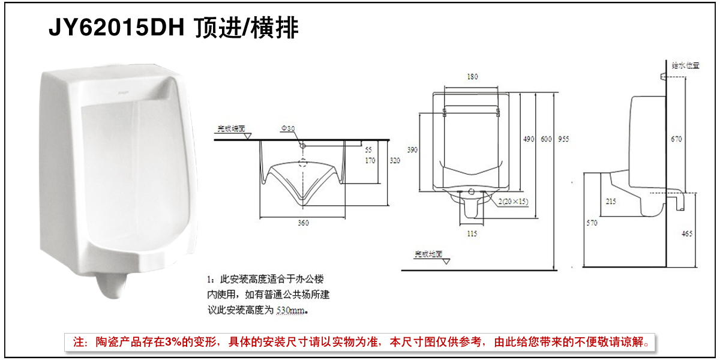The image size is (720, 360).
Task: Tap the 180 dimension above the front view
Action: pyautogui.click(x=472, y=77)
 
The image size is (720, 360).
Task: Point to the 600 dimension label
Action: pyautogui.click(x=545, y=139)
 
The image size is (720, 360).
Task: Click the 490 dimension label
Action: pyautogui.click(x=528, y=139)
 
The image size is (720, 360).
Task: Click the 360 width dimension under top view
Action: pyautogui.click(x=303, y=223)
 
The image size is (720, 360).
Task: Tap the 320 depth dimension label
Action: pyautogui.click(x=394, y=161)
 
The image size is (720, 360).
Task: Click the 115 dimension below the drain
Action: pyautogui.click(x=472, y=233)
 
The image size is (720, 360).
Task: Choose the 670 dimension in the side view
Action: pyautogui.click(x=676, y=139)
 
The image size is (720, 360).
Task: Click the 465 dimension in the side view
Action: pyautogui.click(x=688, y=233)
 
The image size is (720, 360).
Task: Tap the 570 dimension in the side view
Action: pyautogui.click(x=592, y=223)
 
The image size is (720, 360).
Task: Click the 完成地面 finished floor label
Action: pyautogui.click(x=427, y=254)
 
